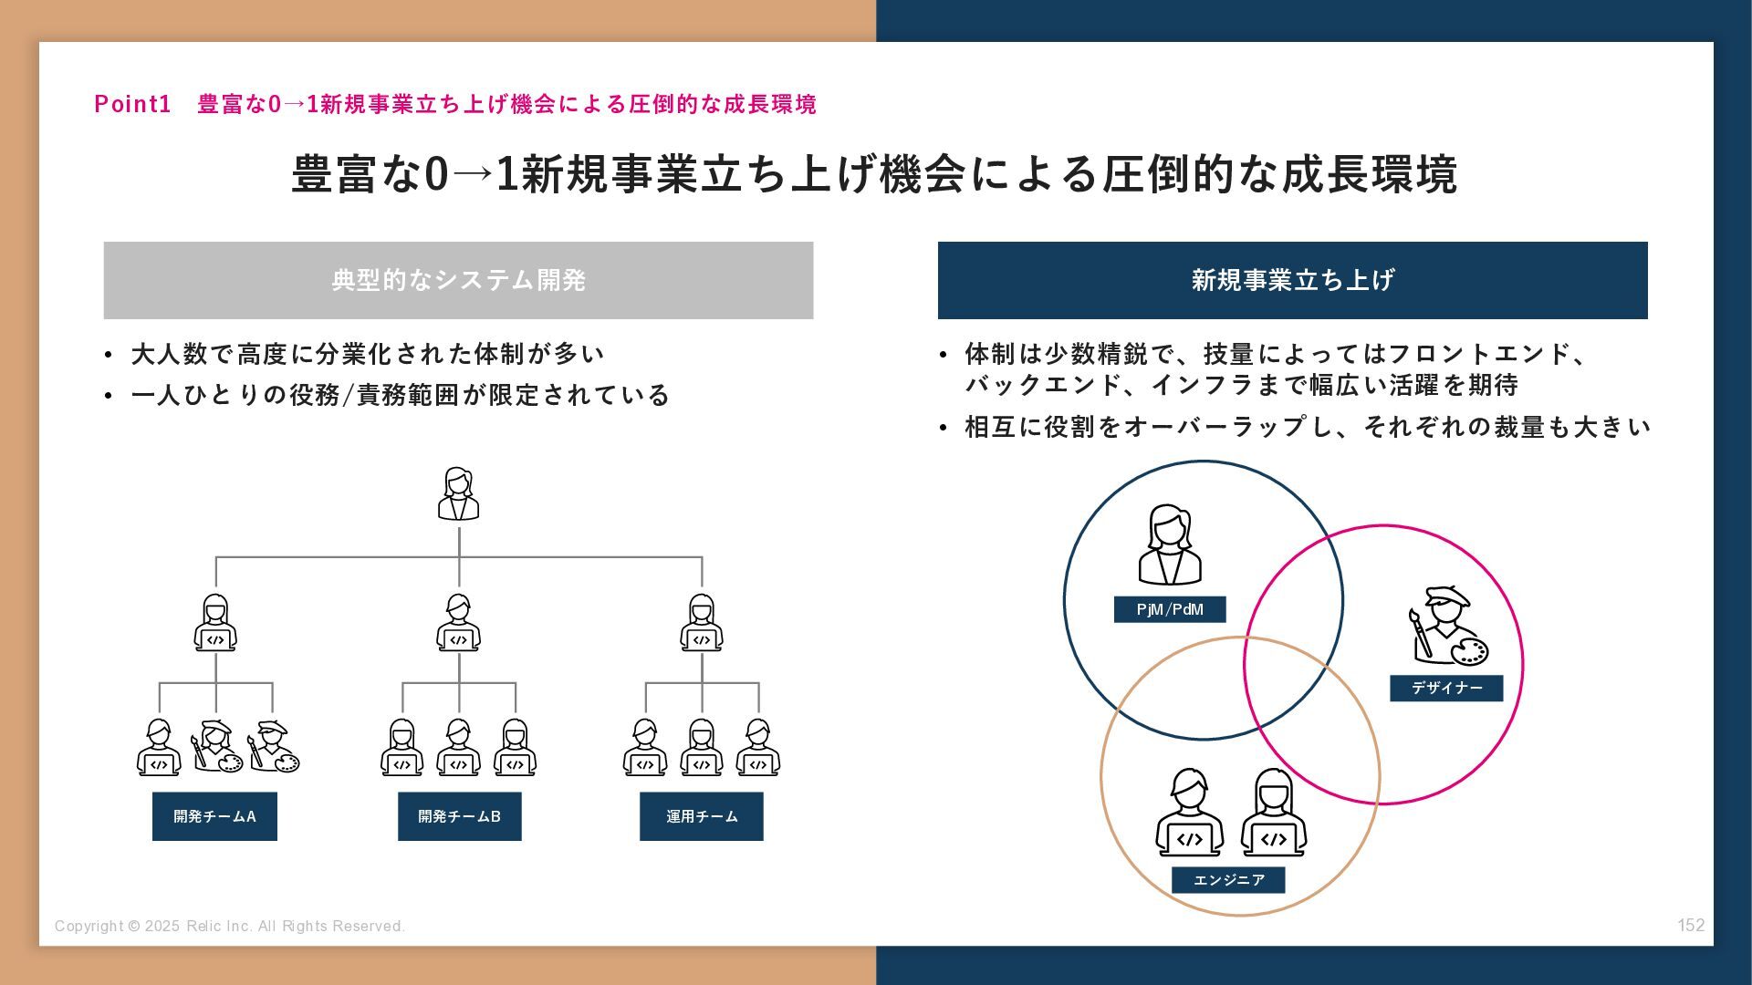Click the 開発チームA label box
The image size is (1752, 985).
tap(214, 816)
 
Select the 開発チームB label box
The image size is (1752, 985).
tap(459, 816)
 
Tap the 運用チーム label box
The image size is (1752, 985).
tap(701, 816)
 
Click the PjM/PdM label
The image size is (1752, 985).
tap(1169, 609)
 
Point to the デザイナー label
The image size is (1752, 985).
tap(1445, 688)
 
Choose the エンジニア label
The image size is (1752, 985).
tap(1228, 880)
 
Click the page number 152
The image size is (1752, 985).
tap(1690, 925)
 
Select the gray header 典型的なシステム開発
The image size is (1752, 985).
tap(458, 280)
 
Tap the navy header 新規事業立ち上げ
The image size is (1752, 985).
tap(1292, 280)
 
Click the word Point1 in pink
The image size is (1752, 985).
tap(132, 104)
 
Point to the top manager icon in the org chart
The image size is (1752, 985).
tap(458, 494)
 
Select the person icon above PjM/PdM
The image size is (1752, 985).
tap(1169, 544)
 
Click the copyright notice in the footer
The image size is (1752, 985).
tap(230, 926)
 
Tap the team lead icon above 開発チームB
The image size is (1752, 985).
tap(458, 623)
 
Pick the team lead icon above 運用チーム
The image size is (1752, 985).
tap(701, 623)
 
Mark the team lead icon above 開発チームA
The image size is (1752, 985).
tap(215, 623)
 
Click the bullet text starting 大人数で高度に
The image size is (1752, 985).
tap(367, 354)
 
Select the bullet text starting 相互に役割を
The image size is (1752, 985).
tap(1307, 427)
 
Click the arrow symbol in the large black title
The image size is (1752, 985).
tap(472, 174)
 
